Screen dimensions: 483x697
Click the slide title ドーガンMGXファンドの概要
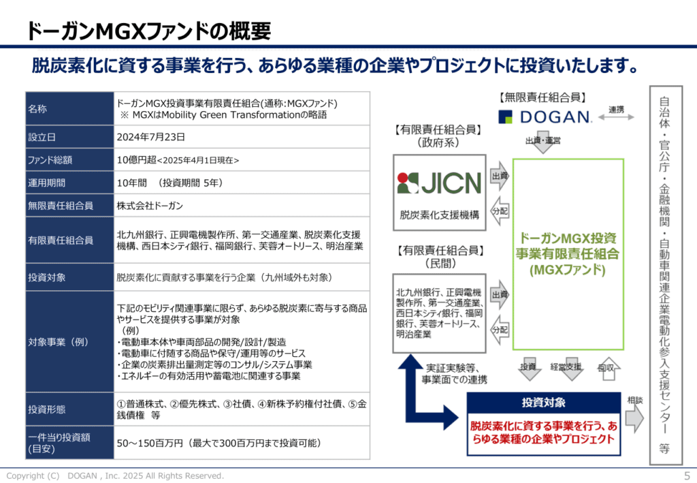point(148,31)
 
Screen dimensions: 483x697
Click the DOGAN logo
point(545,117)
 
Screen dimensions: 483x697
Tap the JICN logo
point(439,182)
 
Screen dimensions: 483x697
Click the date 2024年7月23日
point(151,136)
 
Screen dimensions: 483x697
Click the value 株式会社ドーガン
point(150,205)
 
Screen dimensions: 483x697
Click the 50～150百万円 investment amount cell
point(218,443)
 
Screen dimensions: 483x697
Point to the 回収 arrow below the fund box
point(605,368)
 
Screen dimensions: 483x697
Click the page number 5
point(686,476)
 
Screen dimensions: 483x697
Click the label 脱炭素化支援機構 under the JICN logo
point(439,215)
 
